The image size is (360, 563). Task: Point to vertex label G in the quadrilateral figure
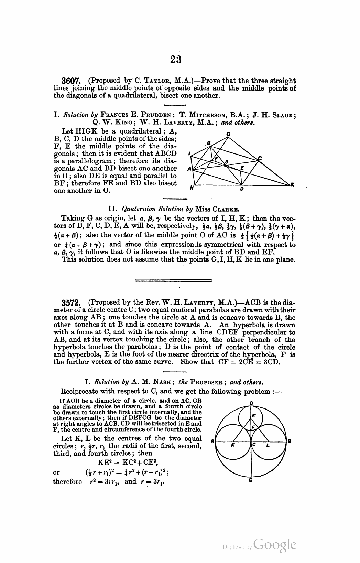tap(228, 134)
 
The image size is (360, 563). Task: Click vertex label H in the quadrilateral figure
tap(192, 188)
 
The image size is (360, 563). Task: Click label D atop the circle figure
tap(251, 403)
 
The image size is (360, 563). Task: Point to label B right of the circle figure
tap(290, 441)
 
